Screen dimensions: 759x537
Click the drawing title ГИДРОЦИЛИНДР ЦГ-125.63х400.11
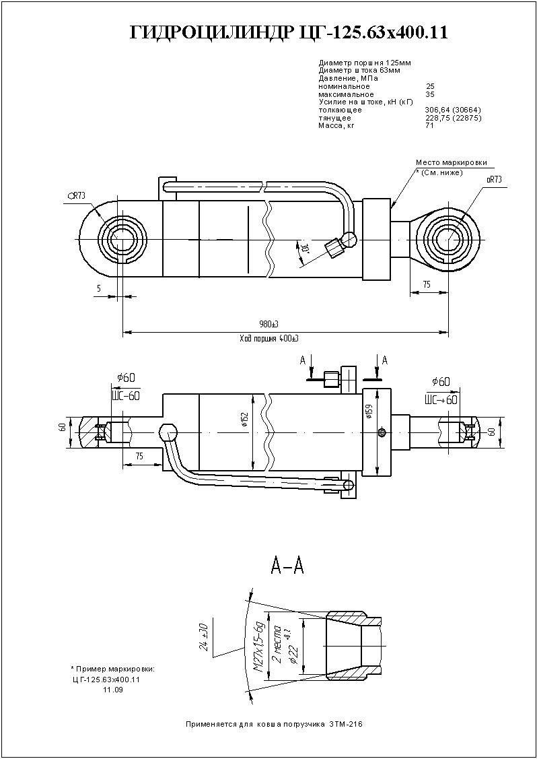coord(289,32)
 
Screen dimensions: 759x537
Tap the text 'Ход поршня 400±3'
coord(268,337)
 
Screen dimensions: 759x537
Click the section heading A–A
coord(287,566)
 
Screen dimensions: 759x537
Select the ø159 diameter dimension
coord(369,412)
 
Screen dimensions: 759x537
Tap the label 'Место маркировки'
coord(450,162)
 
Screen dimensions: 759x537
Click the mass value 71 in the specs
coord(429,125)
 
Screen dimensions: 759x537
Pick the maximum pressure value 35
coord(430,94)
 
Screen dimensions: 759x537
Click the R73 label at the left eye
coord(77,195)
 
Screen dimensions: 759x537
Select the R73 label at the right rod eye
coord(493,179)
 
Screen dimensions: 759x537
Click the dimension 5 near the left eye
coord(99,288)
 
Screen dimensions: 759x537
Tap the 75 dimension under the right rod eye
coord(426,285)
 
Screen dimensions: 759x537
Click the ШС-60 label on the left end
coord(125,395)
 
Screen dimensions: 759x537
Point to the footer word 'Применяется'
coord(207,724)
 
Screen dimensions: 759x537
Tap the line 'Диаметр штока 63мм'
coord(359,70)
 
